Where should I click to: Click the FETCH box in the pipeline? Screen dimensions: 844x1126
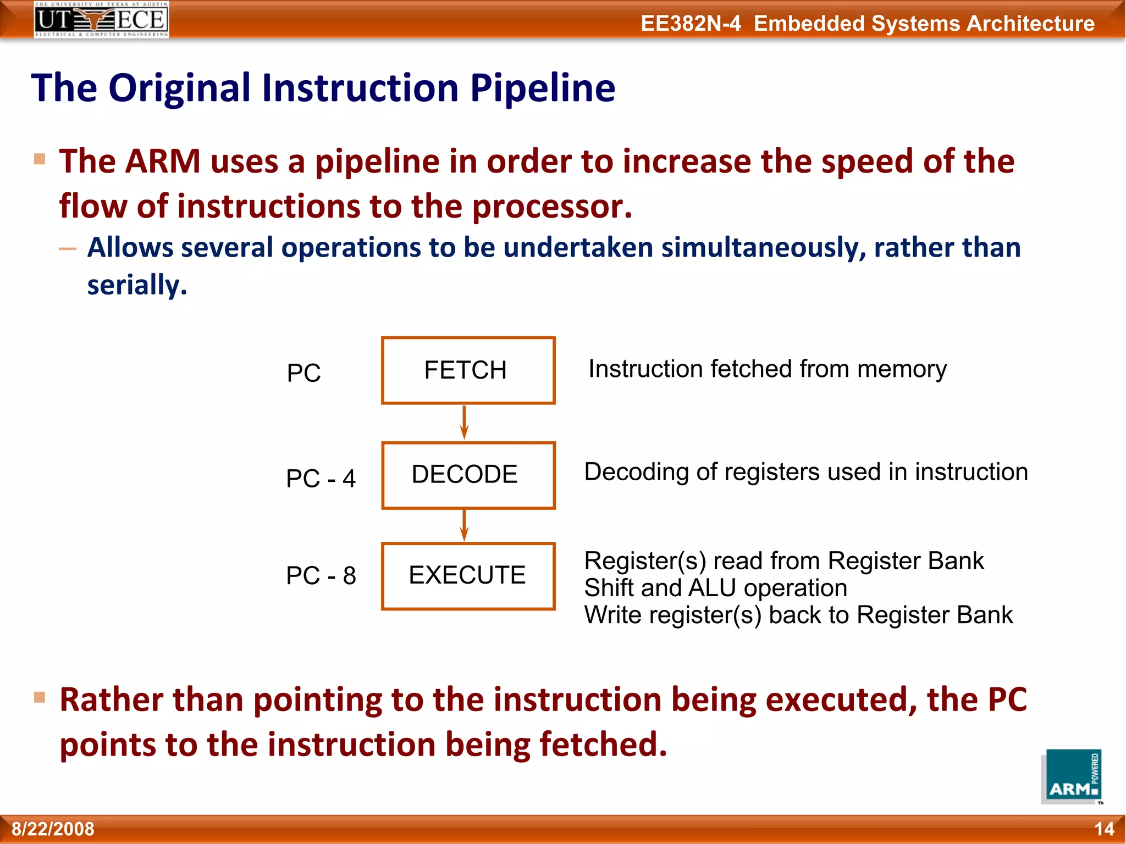click(468, 370)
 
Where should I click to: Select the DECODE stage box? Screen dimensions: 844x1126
click(468, 475)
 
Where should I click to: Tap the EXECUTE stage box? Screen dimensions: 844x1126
click(468, 576)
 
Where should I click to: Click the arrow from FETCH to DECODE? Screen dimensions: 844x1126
click(464, 422)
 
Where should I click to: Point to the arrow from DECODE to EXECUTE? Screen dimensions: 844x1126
click(464, 525)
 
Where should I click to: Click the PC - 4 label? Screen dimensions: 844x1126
click(321, 478)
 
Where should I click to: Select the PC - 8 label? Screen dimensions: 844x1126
click(321, 576)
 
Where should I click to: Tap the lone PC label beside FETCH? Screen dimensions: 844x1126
click(303, 373)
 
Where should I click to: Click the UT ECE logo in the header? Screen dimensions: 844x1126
click(101, 20)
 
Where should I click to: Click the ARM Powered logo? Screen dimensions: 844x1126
click(1072, 776)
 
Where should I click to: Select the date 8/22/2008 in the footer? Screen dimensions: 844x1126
click(53, 829)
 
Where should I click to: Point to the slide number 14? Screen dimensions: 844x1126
click(1104, 829)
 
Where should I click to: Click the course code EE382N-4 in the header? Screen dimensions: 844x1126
click(691, 24)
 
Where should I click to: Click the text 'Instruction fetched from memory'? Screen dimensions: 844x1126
click(767, 369)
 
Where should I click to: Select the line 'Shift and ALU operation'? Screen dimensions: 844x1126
click(715, 588)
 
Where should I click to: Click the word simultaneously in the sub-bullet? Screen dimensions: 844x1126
click(763, 247)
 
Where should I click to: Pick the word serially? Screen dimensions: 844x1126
click(137, 285)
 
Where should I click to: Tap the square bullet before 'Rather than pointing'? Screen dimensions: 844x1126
click(40, 697)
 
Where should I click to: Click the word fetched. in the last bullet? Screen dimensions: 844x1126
click(603, 744)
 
